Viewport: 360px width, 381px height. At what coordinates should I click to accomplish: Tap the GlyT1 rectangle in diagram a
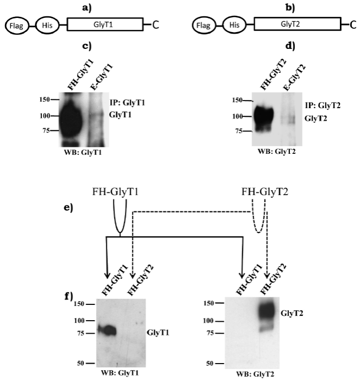click(105, 25)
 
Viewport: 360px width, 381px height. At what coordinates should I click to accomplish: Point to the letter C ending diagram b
click(352, 25)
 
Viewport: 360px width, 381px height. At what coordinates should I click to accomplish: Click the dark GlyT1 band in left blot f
click(105, 330)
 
